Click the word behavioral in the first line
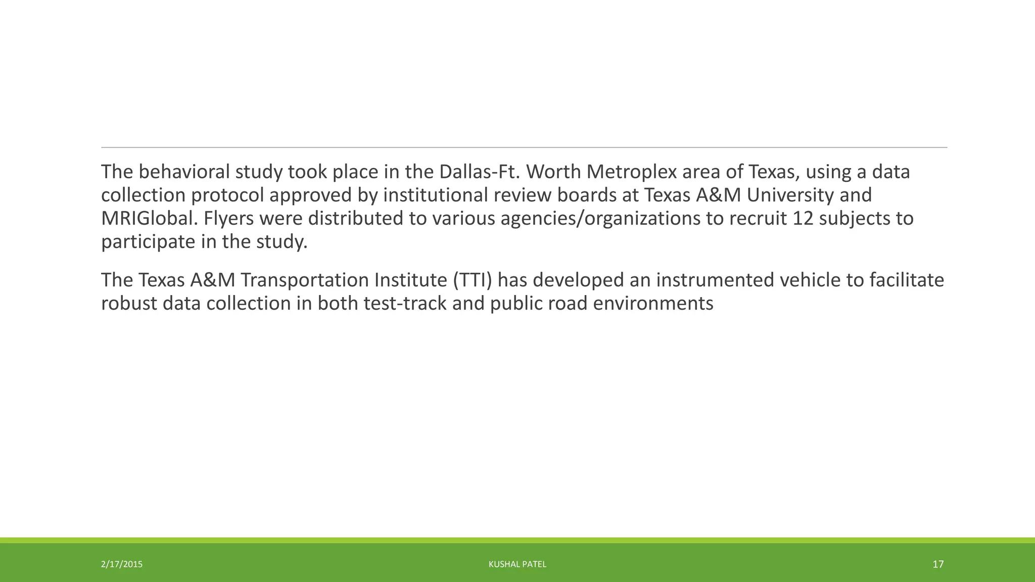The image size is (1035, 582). tap(184, 172)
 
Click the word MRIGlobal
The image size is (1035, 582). tap(149, 218)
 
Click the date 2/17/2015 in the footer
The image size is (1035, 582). tap(122, 564)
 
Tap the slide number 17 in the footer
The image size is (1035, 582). tap(938, 564)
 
